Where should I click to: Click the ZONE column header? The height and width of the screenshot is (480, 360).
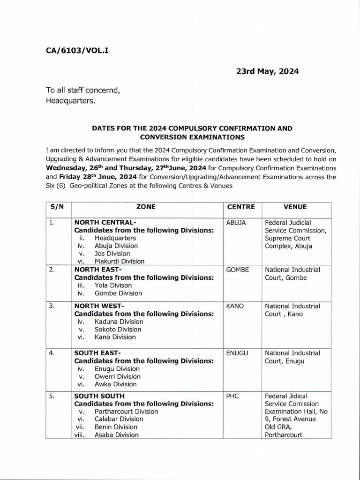point(146,206)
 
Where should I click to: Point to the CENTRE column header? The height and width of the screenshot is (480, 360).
point(241,206)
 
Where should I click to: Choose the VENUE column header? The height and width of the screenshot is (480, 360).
point(295,206)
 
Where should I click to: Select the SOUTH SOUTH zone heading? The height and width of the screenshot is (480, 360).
point(99,396)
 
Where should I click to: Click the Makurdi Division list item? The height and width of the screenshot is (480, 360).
point(120,262)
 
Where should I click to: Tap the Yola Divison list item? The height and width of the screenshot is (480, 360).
point(113,285)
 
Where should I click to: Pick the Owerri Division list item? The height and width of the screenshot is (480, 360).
point(118,376)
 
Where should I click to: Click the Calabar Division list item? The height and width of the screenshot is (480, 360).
point(119,419)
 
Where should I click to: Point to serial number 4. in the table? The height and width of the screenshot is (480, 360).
point(52,353)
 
